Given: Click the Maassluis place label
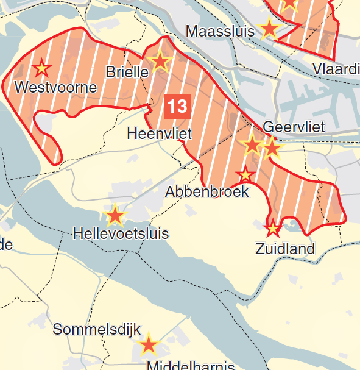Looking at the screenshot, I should coord(220,31).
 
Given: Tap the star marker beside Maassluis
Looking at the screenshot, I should coord(269,29).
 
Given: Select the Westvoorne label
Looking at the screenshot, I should coord(55,87).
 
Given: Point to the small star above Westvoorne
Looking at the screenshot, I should coord(41,67).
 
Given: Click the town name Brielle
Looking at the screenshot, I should coord(127,72).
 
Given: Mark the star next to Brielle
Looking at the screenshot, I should coord(160,61).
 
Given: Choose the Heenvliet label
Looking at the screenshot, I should coord(159,133).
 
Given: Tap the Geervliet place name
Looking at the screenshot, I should coord(294,127).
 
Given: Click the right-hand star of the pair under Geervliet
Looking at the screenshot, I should coord(272,148).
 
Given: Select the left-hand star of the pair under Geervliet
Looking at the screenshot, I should coord(252,145).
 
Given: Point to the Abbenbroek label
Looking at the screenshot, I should coord(207,191).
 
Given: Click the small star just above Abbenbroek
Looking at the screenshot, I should coord(245,175).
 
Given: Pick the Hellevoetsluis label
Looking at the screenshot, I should coord(121,233).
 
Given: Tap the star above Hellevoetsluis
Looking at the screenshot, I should coord(115,216).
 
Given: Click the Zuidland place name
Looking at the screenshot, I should coord(285,249).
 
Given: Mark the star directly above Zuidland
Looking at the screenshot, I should coord(272,229).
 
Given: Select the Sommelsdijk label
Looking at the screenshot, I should coord(96,329).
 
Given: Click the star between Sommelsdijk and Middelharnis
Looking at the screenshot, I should coord(149,346).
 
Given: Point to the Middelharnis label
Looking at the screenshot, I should coord(191,365).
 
